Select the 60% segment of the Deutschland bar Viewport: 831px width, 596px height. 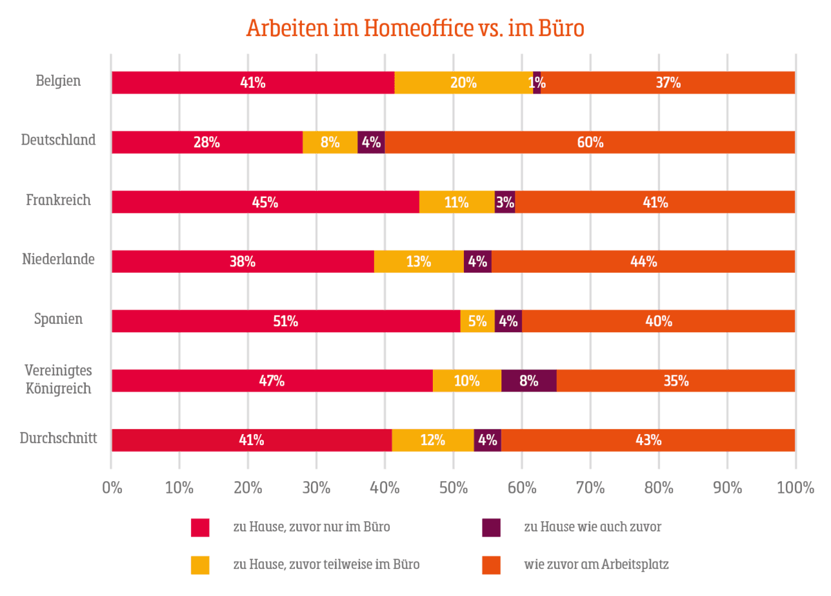point(589,143)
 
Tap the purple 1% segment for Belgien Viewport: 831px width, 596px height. point(537,82)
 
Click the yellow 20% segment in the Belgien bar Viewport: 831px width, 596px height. point(463,82)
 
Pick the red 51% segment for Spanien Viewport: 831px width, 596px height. point(285,321)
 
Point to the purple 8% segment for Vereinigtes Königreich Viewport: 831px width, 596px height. point(528,381)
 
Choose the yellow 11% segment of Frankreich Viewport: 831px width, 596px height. point(456,202)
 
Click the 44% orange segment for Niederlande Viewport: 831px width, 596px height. point(643,262)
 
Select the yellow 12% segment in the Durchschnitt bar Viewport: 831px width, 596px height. point(432,440)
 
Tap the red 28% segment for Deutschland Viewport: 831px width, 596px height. point(207,143)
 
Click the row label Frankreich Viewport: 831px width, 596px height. point(59,201)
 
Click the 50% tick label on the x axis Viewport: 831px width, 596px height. point(453,488)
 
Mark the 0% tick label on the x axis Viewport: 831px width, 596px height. point(111,488)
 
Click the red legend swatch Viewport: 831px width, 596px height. point(200,527)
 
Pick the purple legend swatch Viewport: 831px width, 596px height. point(491,527)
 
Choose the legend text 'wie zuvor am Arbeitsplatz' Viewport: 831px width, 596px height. point(596,566)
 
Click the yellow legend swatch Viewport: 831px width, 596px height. point(200,566)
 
